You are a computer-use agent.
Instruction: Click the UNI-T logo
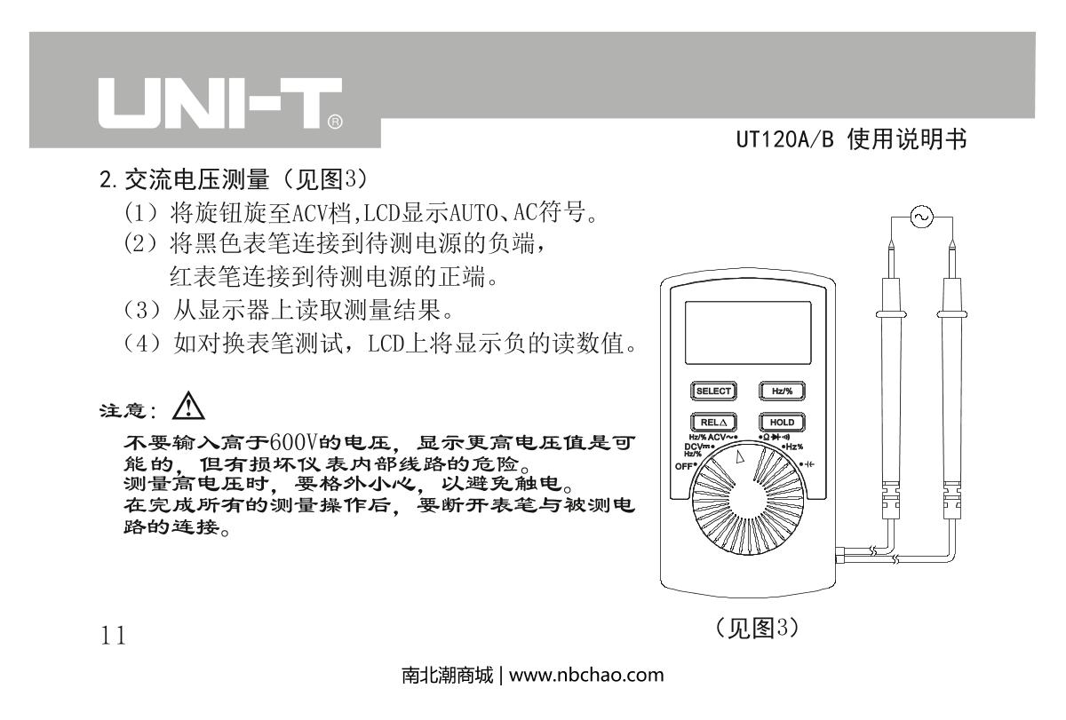pyautogui.click(x=220, y=103)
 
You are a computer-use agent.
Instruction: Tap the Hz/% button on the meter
pyautogui.click(x=782, y=391)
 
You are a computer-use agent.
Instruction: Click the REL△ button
pyautogui.click(x=713, y=422)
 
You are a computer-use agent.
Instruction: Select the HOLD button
pyautogui.click(x=782, y=422)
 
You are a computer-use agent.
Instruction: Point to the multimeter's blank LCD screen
pyautogui.click(x=748, y=333)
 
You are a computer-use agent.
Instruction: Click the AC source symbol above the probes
pyautogui.click(x=922, y=217)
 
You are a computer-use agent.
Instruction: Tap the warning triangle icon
pyautogui.click(x=188, y=406)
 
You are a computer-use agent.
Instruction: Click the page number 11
pyautogui.click(x=114, y=635)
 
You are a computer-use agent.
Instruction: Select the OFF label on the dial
pyautogui.click(x=685, y=466)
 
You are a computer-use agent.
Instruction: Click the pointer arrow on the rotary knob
pyautogui.click(x=739, y=456)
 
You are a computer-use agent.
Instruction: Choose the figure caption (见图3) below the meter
pyautogui.click(x=757, y=628)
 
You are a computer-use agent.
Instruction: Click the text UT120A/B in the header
pyautogui.click(x=784, y=139)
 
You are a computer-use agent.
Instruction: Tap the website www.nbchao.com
pyautogui.click(x=586, y=675)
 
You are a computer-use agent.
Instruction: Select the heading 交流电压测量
pyautogui.click(x=197, y=179)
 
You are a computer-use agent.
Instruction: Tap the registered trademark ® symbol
pyautogui.click(x=335, y=122)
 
